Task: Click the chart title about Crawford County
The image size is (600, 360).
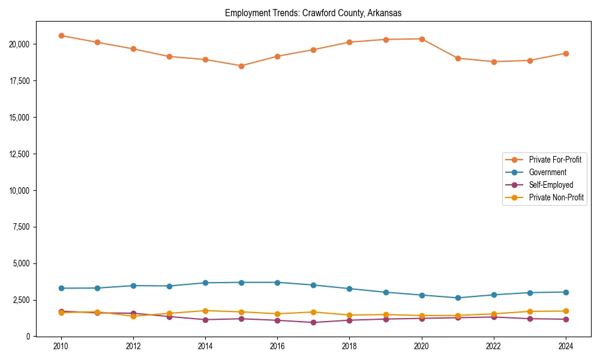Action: click(313, 13)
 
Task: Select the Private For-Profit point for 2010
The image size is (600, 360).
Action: click(61, 35)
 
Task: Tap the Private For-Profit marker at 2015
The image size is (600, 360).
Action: click(241, 66)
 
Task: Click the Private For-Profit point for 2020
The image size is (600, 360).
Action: click(422, 39)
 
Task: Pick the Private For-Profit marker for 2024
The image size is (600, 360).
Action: click(566, 53)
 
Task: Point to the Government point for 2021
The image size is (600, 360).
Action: click(458, 298)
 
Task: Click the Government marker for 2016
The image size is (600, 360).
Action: click(277, 283)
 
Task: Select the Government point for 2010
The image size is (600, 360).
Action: click(61, 288)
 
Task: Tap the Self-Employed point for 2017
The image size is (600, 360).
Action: click(313, 323)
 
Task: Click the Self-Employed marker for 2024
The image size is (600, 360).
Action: click(566, 319)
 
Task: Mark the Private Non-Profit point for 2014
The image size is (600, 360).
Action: click(205, 311)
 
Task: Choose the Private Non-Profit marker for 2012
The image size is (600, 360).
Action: click(133, 316)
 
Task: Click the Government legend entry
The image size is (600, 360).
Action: click(547, 172)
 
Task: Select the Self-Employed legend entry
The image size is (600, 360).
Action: click(551, 185)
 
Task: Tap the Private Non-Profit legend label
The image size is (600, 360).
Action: click(556, 197)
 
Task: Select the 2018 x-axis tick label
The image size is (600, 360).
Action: click(349, 346)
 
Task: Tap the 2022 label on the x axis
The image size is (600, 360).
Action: click(493, 346)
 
